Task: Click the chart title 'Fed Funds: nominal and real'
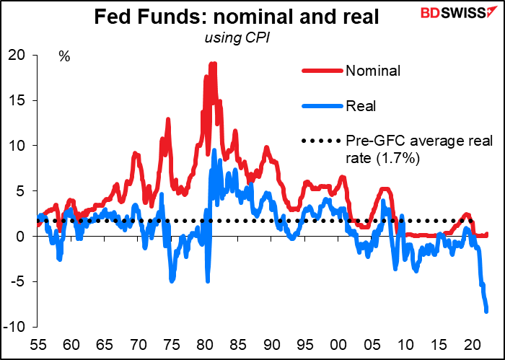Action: pyautogui.click(x=237, y=17)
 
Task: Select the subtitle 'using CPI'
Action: pyautogui.click(x=237, y=38)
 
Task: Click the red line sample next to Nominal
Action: pyautogui.click(x=322, y=71)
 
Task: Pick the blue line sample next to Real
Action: pyautogui.click(x=322, y=105)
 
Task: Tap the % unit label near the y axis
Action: pyautogui.click(x=64, y=57)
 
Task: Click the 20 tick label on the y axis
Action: pyautogui.click(x=17, y=56)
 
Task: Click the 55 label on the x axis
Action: pyautogui.click(x=38, y=346)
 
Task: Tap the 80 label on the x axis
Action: pyautogui.click(x=205, y=346)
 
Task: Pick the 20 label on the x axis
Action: pyautogui.click(x=473, y=346)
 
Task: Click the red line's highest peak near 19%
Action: pyautogui.click(x=213, y=63)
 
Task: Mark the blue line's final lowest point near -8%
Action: pyautogui.click(x=486, y=311)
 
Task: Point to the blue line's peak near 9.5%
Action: pyautogui.click(x=214, y=150)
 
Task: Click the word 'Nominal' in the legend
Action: pyautogui.click(x=373, y=71)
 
